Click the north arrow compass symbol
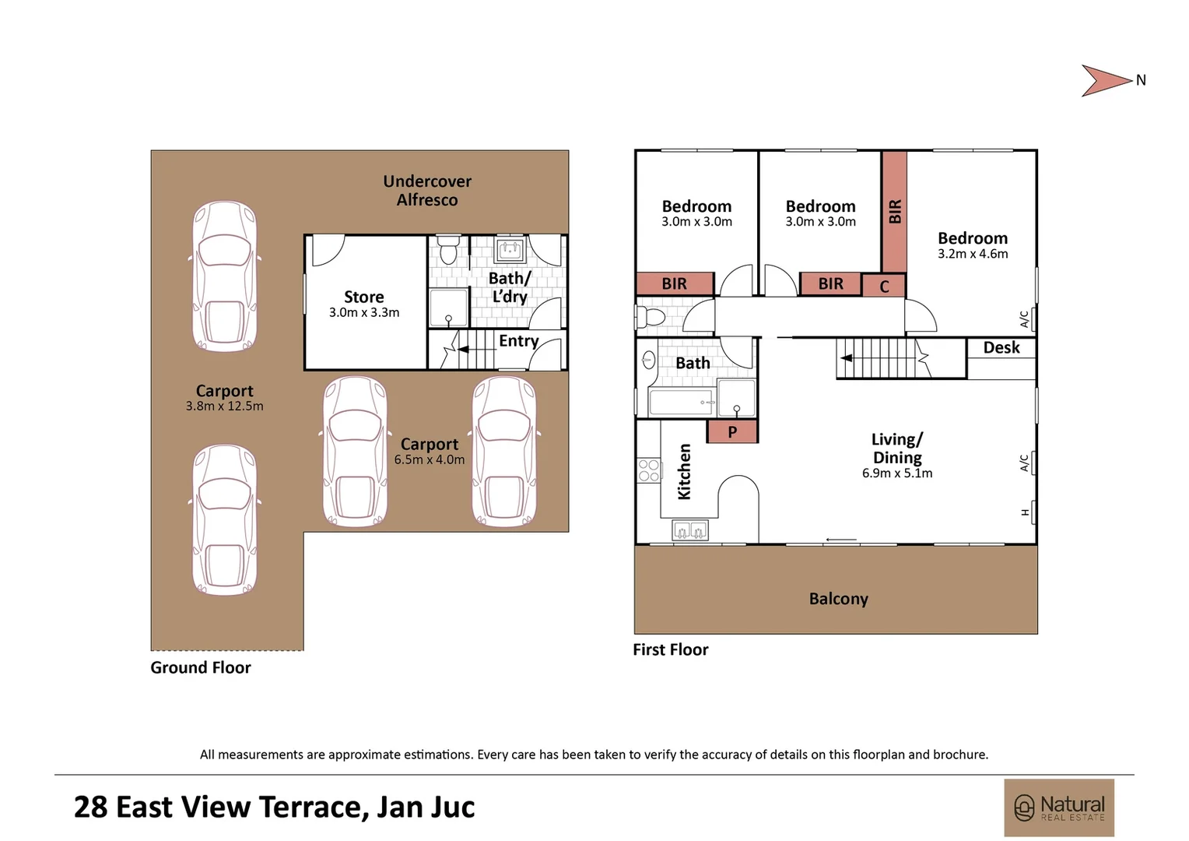pyautogui.click(x=1106, y=80)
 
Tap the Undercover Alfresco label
pyautogui.click(x=427, y=191)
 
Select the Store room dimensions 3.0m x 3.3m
pyautogui.click(x=364, y=313)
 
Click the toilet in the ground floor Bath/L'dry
pyautogui.click(x=448, y=252)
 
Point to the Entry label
pyautogui.click(x=518, y=341)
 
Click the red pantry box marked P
pyautogui.click(x=732, y=431)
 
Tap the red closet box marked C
pyautogui.click(x=884, y=287)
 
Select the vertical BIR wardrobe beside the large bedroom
pyautogui.click(x=894, y=211)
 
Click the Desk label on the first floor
pyautogui.click(x=1001, y=348)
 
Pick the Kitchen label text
pyautogui.click(x=684, y=472)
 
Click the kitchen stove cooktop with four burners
pyautogui.click(x=649, y=470)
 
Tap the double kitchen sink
pyautogui.click(x=690, y=532)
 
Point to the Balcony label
pyautogui.click(x=838, y=599)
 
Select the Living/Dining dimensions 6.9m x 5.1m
pyautogui.click(x=897, y=473)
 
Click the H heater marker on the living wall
pyautogui.click(x=1025, y=512)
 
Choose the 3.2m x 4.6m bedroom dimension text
pyautogui.click(x=973, y=255)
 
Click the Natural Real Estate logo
pyautogui.click(x=1059, y=808)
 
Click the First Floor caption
pyautogui.click(x=670, y=650)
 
